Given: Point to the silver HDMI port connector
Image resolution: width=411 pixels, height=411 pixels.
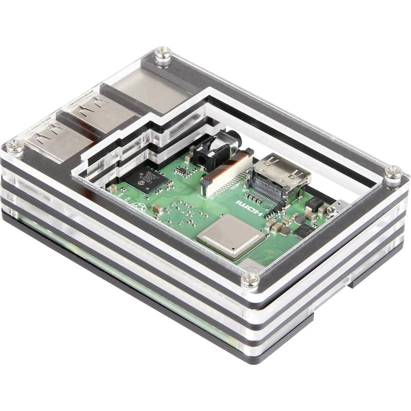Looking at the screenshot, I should tap(284, 171).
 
